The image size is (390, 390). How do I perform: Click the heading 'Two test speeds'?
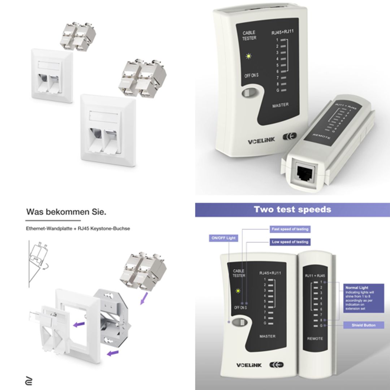[x=292, y=209]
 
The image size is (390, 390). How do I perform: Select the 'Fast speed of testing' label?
[x=290, y=229]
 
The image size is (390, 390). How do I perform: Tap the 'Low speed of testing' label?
[x=290, y=242]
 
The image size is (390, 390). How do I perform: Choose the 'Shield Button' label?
[x=363, y=325]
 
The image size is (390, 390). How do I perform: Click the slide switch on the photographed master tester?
[x=248, y=92]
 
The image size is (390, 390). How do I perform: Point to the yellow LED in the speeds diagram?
[x=238, y=291]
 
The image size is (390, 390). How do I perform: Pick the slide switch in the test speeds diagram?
[x=238, y=322]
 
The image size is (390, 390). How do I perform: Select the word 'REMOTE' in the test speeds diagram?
[x=315, y=339]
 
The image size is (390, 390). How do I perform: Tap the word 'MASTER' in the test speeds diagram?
[x=267, y=337]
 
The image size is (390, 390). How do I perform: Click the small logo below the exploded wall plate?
[x=29, y=381]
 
